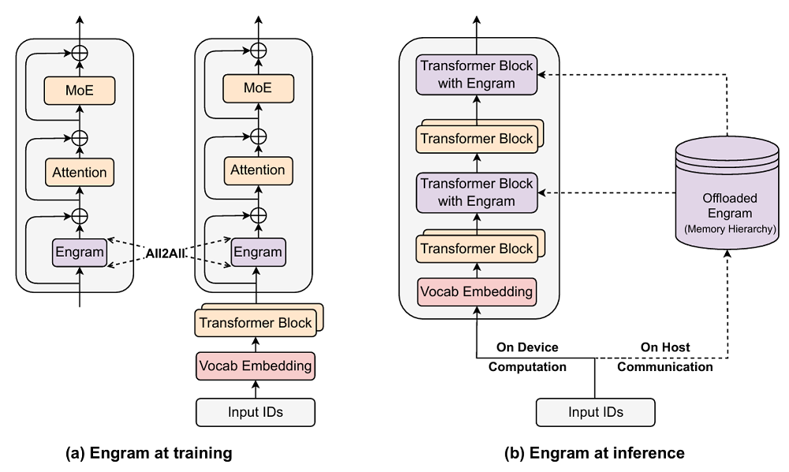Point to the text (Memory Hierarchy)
[730, 228]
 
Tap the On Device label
[528, 347]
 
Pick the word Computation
[528, 366]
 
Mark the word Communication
[664, 366]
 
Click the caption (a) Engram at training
[149, 453]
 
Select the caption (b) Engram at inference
[595, 453]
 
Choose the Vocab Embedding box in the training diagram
[255, 366]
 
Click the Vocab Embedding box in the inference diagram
[477, 291]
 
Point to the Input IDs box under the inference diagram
[595, 412]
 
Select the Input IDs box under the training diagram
[255, 412]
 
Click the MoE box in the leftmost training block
[79, 90]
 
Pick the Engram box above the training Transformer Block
[257, 253]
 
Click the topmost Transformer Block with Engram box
[477, 74]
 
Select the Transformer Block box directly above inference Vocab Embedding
[476, 249]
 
